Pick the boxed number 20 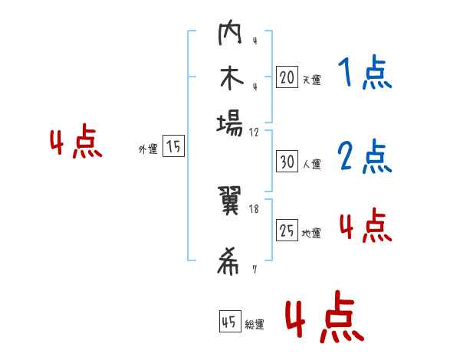[287, 77]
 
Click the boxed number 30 [287, 162]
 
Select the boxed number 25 [287, 231]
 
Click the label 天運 [311, 79]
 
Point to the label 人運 [311, 164]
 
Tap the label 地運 [311, 233]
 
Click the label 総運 [255, 325]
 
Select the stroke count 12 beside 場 [255, 132]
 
